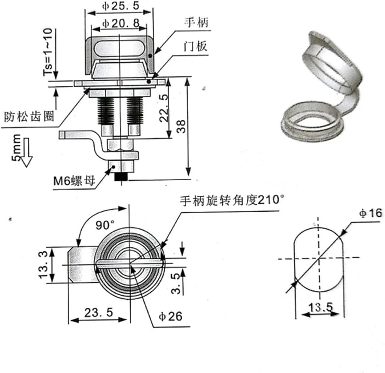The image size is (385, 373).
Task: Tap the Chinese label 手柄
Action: click(x=196, y=23)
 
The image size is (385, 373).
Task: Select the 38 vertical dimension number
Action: click(x=181, y=126)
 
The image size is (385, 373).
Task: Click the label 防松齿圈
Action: click(x=29, y=116)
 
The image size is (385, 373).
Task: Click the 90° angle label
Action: click(x=105, y=225)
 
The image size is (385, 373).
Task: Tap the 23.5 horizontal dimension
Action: click(x=99, y=313)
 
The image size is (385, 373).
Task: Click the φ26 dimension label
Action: click(x=171, y=316)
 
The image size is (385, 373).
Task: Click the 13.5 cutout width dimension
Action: click(x=321, y=307)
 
